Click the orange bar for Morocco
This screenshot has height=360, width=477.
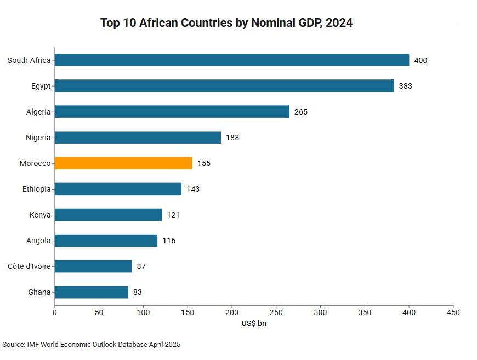pyautogui.click(x=123, y=163)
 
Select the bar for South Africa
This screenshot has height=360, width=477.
pyautogui.click(x=232, y=60)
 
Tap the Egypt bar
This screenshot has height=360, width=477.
pyautogui.click(x=224, y=86)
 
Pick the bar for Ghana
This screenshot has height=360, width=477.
pyautogui.click(x=91, y=292)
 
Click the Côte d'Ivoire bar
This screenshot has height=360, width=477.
pyautogui.click(x=93, y=266)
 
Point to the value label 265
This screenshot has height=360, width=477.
pyautogui.click(x=301, y=112)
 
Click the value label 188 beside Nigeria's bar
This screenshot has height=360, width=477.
pyautogui.click(x=232, y=138)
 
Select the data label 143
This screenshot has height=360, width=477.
pyautogui.click(x=193, y=189)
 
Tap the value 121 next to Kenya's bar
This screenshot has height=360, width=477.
pyautogui.click(x=173, y=215)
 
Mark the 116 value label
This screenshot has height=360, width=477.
pyautogui.click(x=169, y=241)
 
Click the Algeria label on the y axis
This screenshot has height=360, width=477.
pyautogui.click(x=38, y=112)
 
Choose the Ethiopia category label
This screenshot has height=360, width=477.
pyautogui.click(x=37, y=189)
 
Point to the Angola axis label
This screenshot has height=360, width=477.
pyautogui.click(x=38, y=241)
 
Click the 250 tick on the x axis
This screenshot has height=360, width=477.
pyautogui.click(x=276, y=312)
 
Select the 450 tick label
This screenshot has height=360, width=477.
pyautogui.click(x=453, y=312)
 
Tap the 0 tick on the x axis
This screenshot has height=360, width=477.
pyautogui.click(x=55, y=312)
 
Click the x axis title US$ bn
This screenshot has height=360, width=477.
pyautogui.click(x=254, y=323)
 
